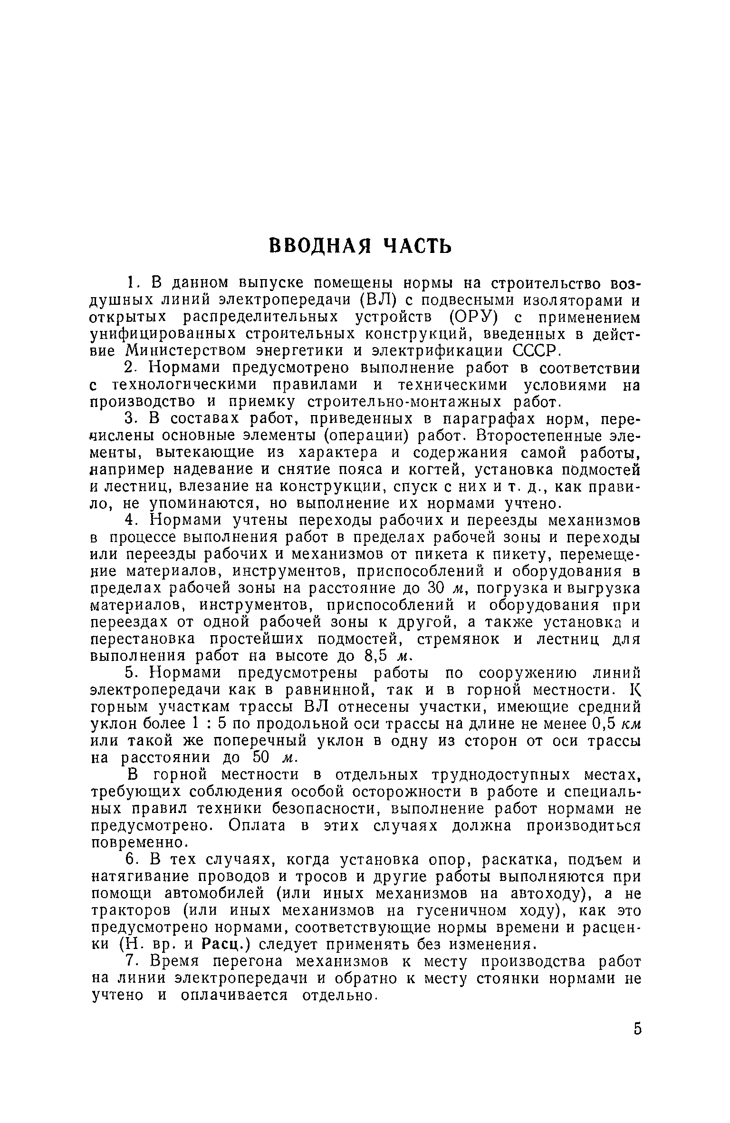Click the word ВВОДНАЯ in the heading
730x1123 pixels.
click(x=322, y=246)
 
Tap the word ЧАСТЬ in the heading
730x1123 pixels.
click(x=417, y=246)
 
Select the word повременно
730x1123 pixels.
click(x=137, y=843)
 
